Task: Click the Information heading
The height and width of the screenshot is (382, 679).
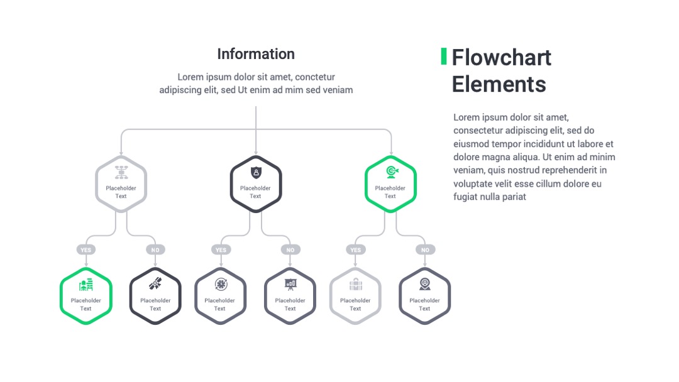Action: pyautogui.click(x=256, y=54)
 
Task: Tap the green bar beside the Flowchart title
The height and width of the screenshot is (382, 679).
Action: pyautogui.click(x=443, y=57)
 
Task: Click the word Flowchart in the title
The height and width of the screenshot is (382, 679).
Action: pyautogui.click(x=502, y=58)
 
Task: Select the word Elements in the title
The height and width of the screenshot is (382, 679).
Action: pyautogui.click(x=499, y=84)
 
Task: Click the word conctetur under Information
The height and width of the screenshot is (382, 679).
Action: pyautogui.click(x=315, y=77)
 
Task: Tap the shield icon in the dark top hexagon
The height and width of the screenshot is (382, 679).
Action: pyautogui.click(x=256, y=173)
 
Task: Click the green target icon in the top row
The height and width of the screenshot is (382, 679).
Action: pyautogui.click(x=392, y=172)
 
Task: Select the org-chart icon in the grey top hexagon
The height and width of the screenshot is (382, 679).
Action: pyautogui.click(x=121, y=172)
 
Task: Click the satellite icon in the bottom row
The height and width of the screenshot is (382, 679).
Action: pyautogui.click(x=155, y=284)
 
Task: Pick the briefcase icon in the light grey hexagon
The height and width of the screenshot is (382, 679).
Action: pyautogui.click(x=355, y=284)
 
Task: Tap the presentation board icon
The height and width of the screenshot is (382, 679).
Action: pyautogui.click(x=290, y=284)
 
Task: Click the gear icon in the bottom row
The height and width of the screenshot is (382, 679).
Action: pyautogui.click(x=221, y=284)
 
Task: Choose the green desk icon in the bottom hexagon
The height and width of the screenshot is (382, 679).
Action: pyautogui.click(x=86, y=284)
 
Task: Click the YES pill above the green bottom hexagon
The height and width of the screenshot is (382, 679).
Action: pyautogui.click(x=86, y=249)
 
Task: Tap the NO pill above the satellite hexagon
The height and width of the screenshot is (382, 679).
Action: pyautogui.click(x=155, y=249)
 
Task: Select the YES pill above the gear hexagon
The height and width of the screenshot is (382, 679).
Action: pyautogui.click(x=221, y=249)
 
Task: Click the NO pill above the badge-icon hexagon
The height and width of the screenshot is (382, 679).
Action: pyautogui.click(x=425, y=249)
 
